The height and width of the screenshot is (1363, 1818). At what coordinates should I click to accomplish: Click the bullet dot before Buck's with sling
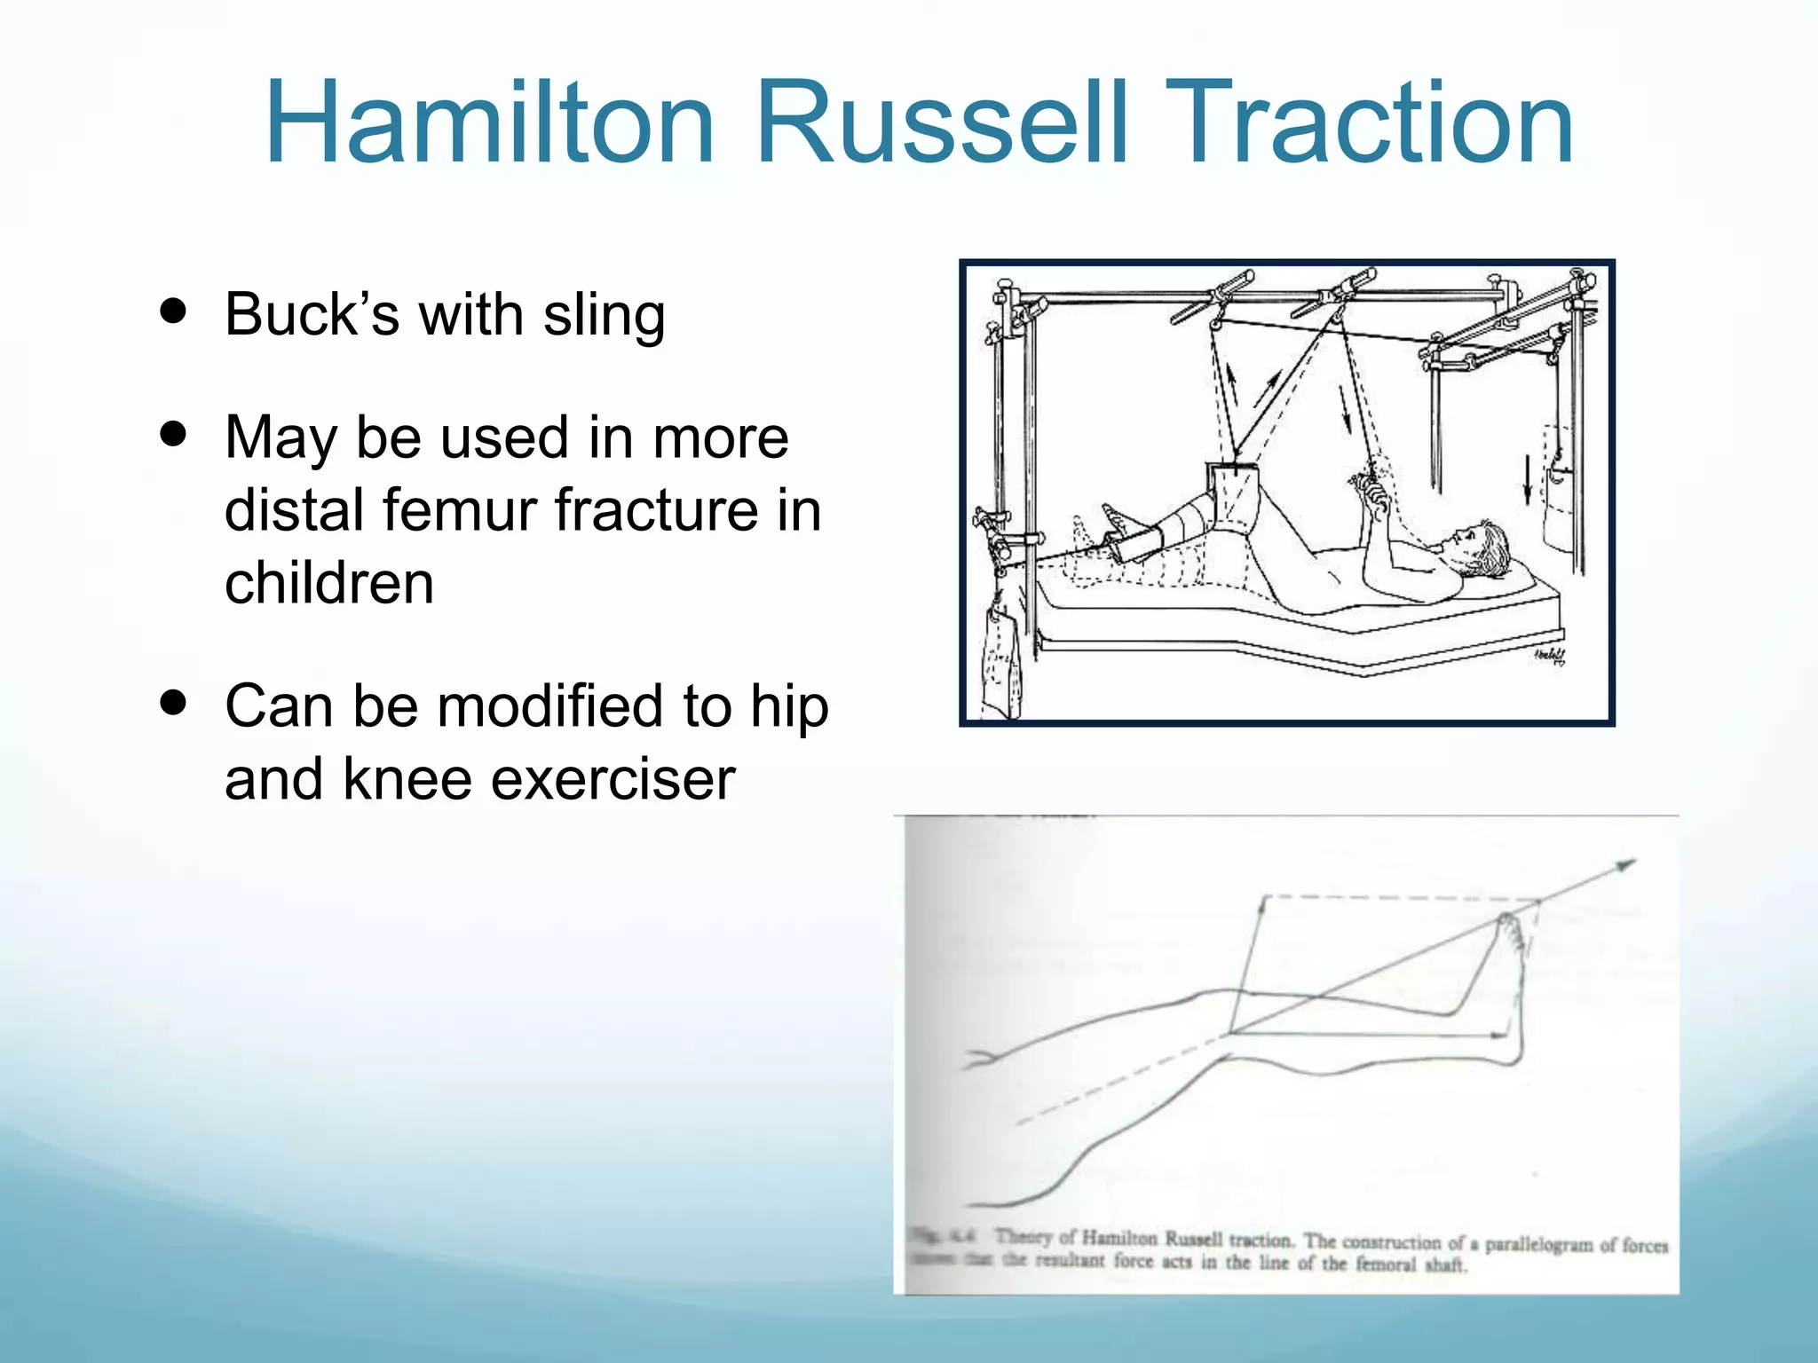pos(174,311)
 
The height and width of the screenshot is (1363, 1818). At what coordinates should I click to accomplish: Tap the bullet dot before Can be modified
pos(174,704)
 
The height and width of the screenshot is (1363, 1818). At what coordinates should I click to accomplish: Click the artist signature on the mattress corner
pos(1549,656)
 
